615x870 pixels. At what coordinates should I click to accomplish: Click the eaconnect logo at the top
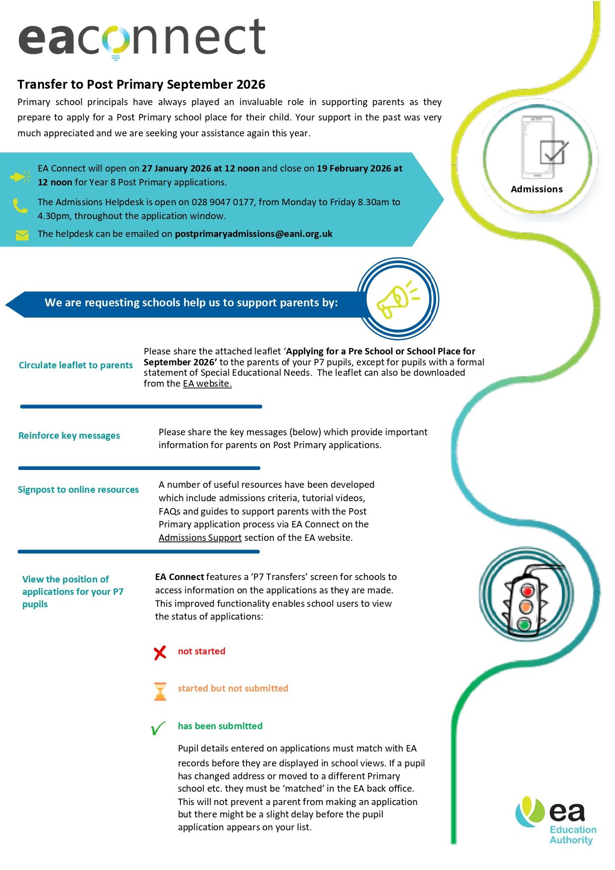click(142, 38)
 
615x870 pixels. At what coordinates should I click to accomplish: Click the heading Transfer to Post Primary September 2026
click(141, 84)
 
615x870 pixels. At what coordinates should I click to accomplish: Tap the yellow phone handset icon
click(20, 205)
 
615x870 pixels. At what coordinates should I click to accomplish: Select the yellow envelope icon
click(22, 235)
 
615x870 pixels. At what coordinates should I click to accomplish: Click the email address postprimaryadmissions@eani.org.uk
click(253, 234)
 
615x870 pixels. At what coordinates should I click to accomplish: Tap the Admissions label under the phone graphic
click(537, 189)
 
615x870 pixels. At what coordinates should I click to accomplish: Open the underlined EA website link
click(207, 384)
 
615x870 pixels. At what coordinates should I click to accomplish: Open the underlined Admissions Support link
click(200, 538)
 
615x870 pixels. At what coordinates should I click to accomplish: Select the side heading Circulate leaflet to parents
click(76, 365)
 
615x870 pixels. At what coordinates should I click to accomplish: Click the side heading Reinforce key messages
click(69, 436)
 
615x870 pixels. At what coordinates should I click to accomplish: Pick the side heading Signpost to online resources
click(78, 490)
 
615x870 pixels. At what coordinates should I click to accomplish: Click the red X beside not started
click(160, 653)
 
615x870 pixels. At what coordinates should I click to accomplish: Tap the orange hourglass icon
click(160, 692)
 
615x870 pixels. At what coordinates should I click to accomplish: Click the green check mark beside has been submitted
click(158, 728)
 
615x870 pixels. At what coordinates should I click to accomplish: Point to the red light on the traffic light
click(527, 590)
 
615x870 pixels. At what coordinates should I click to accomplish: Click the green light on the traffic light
click(524, 624)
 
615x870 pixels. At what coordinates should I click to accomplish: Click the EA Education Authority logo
click(556, 820)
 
